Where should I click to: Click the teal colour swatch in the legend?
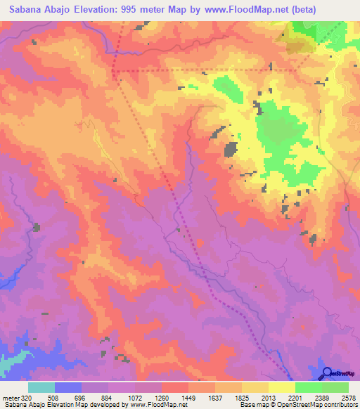41,387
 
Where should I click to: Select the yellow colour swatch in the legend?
281,387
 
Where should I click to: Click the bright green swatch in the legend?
308,387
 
